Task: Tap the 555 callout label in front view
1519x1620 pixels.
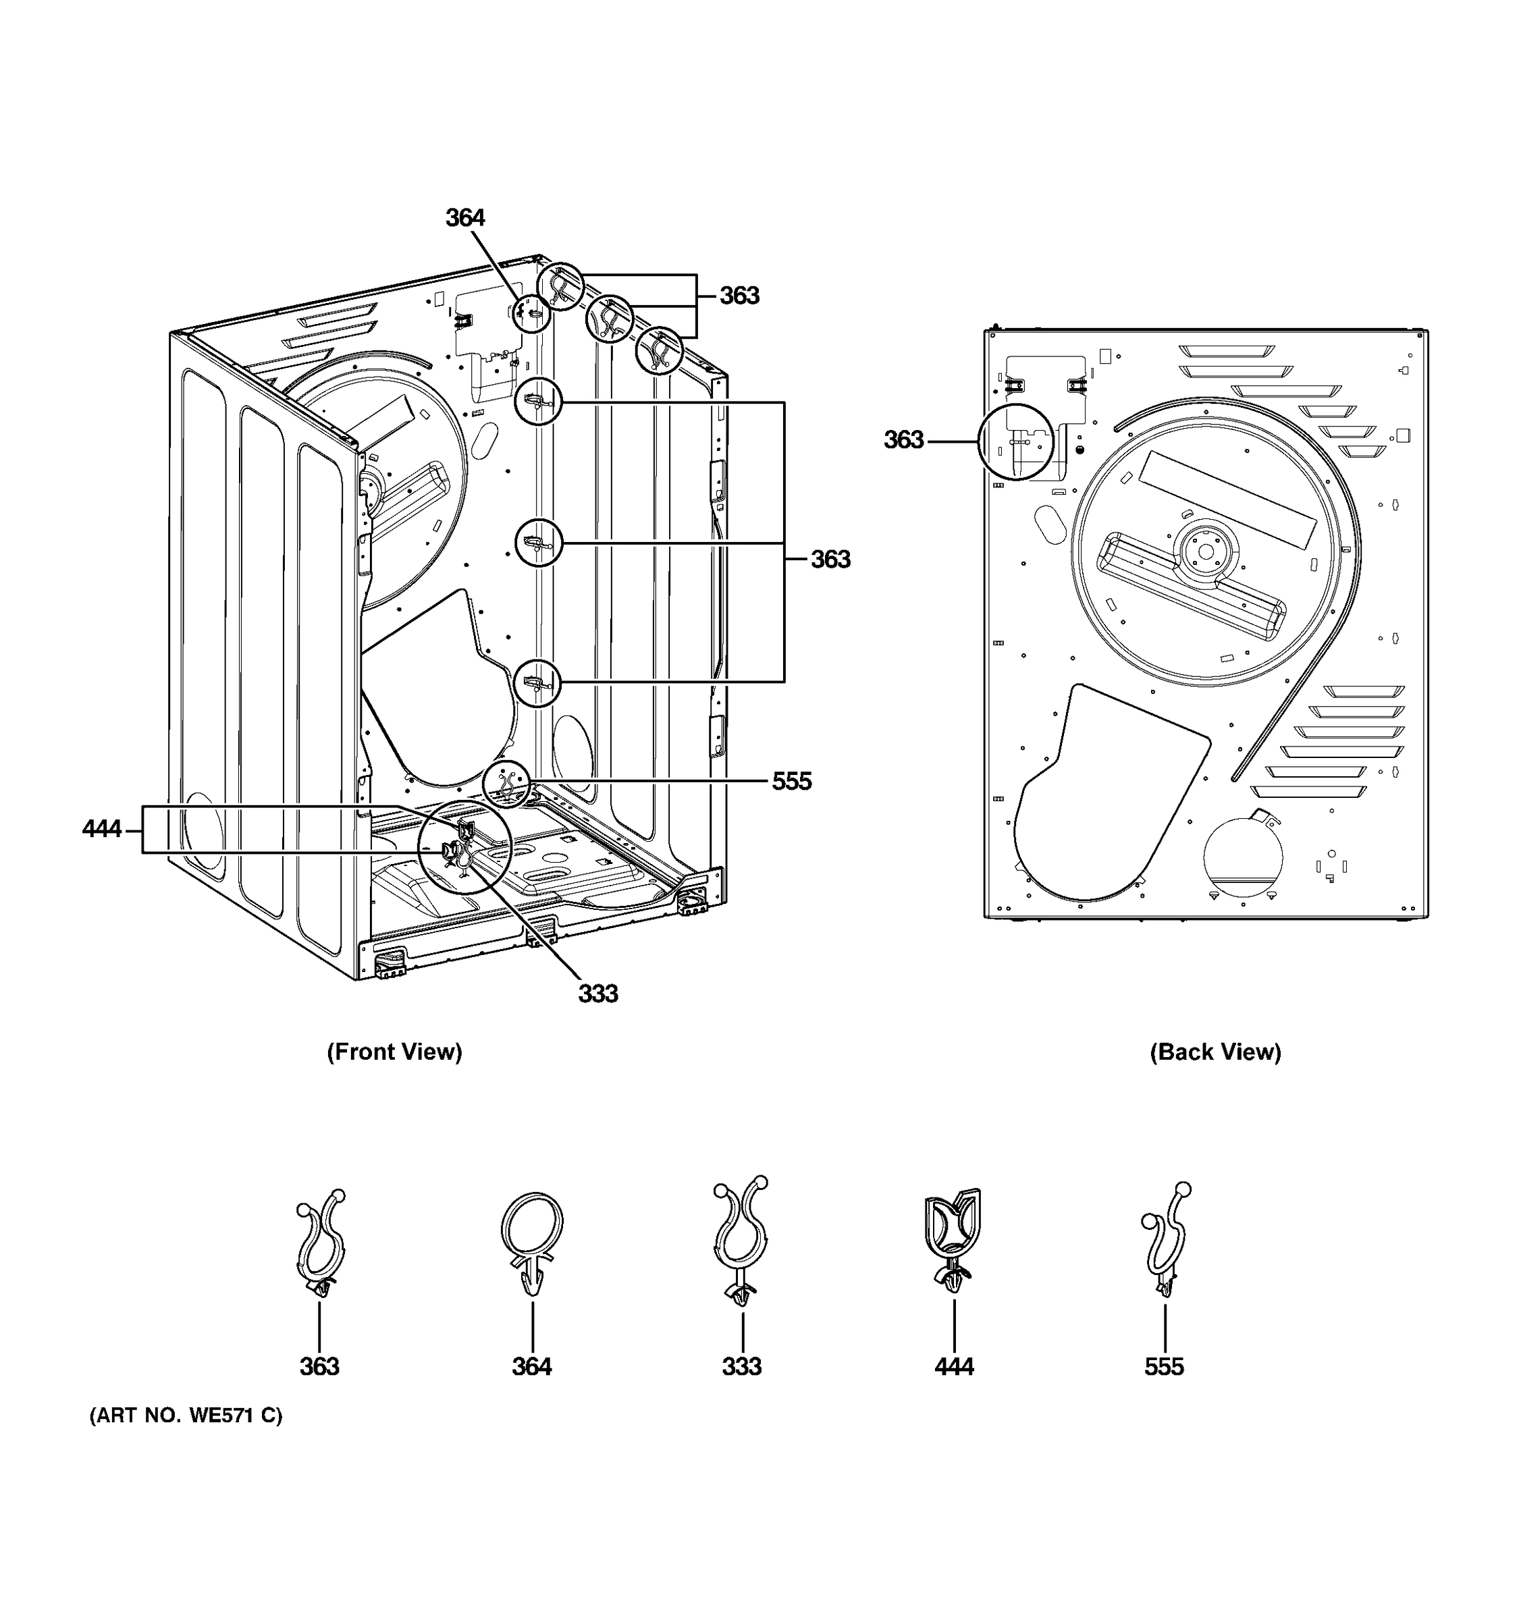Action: (791, 782)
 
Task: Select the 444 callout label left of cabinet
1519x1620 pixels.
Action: (102, 829)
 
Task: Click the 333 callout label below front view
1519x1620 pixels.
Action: (598, 994)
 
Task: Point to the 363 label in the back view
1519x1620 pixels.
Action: (904, 440)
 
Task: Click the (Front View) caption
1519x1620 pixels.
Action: (394, 1052)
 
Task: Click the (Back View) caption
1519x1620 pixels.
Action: (1215, 1052)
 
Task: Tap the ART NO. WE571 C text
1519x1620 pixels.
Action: (186, 1415)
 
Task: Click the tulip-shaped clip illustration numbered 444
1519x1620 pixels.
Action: (953, 1239)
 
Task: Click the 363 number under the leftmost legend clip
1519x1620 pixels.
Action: (319, 1367)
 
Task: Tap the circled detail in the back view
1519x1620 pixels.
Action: (1015, 441)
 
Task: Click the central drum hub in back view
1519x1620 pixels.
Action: (1205, 551)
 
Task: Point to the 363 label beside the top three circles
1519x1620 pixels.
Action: (739, 296)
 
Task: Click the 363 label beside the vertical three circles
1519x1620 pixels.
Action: (830, 559)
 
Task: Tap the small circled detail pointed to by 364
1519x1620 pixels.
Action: (531, 312)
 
